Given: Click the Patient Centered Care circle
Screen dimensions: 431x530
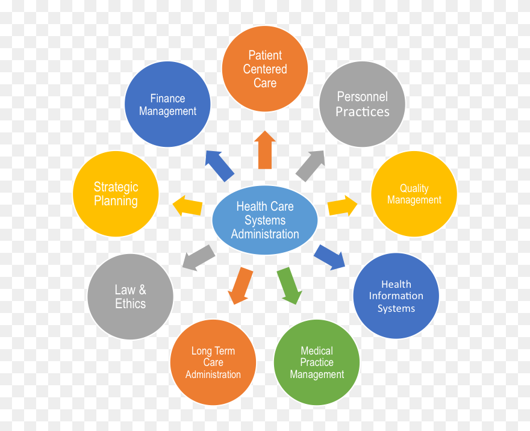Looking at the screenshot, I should pos(265,69).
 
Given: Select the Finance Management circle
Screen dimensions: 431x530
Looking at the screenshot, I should pos(167,105).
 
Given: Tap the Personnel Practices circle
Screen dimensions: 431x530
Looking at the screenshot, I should pos(363,104).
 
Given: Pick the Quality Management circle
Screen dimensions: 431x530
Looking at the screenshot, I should pos(414,194).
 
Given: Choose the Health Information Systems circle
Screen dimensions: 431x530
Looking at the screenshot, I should pos(396,296).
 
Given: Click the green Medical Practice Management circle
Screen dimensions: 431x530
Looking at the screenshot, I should pos(317,362).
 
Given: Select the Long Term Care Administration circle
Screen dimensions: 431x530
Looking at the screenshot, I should pos(213,362).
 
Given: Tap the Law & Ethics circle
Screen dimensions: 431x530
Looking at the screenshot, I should pos(130,297).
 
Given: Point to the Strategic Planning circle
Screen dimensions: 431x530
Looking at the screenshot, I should pos(116,194).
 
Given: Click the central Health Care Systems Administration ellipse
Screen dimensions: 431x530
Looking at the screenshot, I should pos(265,220).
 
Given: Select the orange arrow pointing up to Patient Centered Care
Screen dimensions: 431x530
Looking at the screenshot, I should pos(265,150).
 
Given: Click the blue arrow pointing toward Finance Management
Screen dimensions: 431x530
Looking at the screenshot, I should pos(219,166).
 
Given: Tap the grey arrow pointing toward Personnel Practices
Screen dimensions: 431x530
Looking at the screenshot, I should pos(311,166).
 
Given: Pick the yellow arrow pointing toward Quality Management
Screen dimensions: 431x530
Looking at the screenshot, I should pos(342,206).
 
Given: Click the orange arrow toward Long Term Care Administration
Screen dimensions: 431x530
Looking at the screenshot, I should pos(240,285).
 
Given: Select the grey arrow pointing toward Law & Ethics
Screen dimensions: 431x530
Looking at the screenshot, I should pos(199,258).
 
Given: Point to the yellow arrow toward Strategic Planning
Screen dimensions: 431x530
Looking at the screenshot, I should pos(187,206).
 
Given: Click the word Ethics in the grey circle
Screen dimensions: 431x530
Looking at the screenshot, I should pos(130,303).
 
